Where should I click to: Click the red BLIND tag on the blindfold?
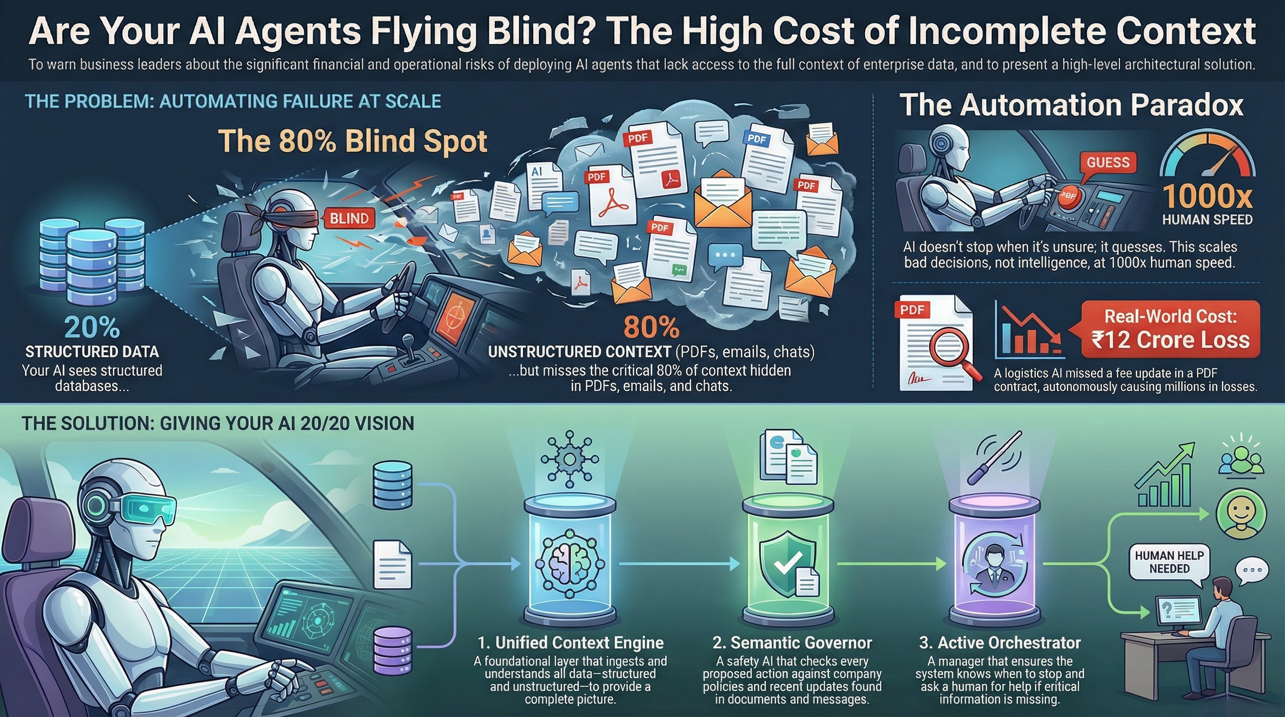click(349, 218)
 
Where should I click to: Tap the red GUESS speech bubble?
click(1108, 162)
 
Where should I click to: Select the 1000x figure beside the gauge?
click(1207, 196)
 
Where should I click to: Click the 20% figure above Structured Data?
click(92, 328)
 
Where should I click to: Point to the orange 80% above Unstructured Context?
click(651, 328)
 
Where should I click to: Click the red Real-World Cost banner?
click(1170, 329)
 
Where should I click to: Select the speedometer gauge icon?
click(1207, 155)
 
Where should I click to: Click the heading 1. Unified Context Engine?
click(570, 643)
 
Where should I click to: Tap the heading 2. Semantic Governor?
click(792, 643)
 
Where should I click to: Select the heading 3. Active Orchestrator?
click(1000, 643)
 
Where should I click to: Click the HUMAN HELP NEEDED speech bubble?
click(1169, 562)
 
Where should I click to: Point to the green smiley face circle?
click(1241, 513)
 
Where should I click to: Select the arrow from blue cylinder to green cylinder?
click(678, 563)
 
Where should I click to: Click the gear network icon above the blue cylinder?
click(569, 458)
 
